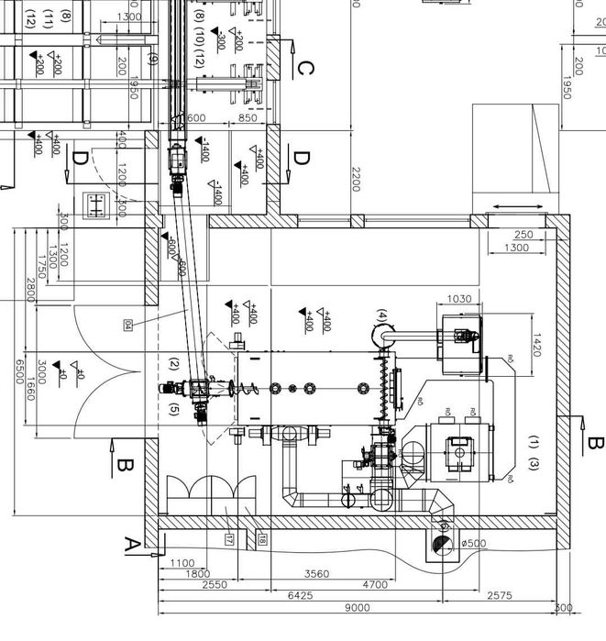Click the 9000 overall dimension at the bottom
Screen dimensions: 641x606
pyautogui.click(x=358, y=608)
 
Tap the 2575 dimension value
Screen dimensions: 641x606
pyautogui.click(x=500, y=596)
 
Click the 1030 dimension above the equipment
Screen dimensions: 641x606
pyautogui.click(x=460, y=300)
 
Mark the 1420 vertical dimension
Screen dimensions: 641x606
pyautogui.click(x=538, y=343)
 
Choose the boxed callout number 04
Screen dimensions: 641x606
pyautogui.click(x=127, y=324)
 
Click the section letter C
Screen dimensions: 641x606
pyautogui.click(x=305, y=68)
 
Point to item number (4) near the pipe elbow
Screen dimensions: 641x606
pyautogui.click(x=382, y=316)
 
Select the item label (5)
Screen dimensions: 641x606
pyautogui.click(x=174, y=410)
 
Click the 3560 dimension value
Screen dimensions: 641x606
pyautogui.click(x=316, y=574)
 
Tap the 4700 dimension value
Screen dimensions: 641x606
pyautogui.click(x=376, y=584)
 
